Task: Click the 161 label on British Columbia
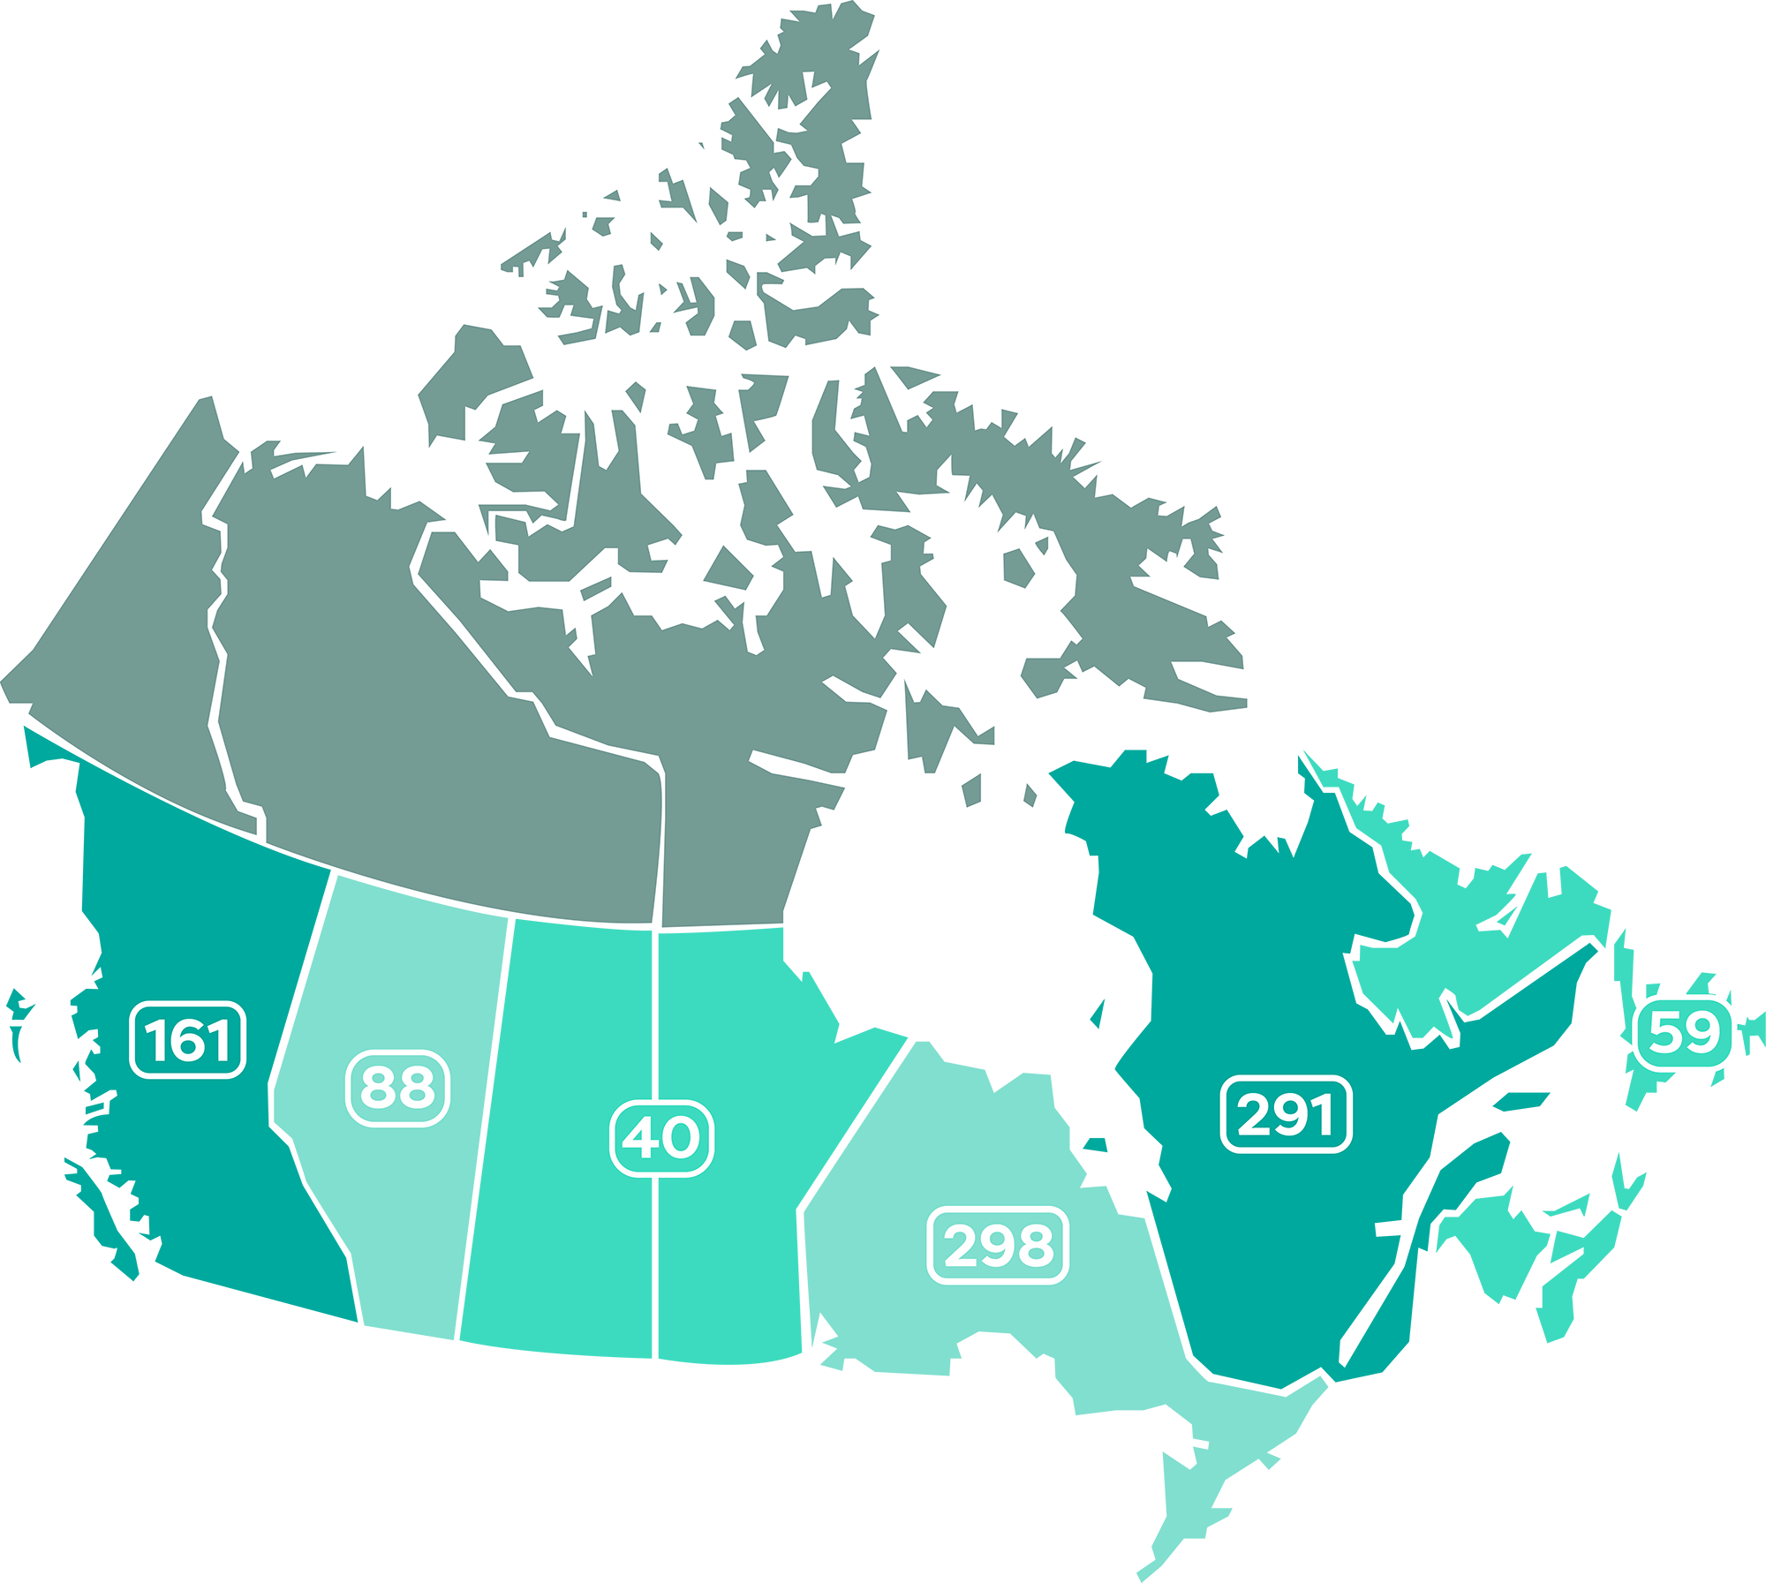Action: [187, 1040]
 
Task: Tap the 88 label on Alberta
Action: [397, 1088]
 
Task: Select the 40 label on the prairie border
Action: [662, 1138]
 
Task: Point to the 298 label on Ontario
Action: [998, 1245]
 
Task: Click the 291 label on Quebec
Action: [1286, 1114]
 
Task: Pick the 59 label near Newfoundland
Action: [1684, 1032]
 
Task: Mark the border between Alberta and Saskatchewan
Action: [484, 1130]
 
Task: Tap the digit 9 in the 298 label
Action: [999, 1245]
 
